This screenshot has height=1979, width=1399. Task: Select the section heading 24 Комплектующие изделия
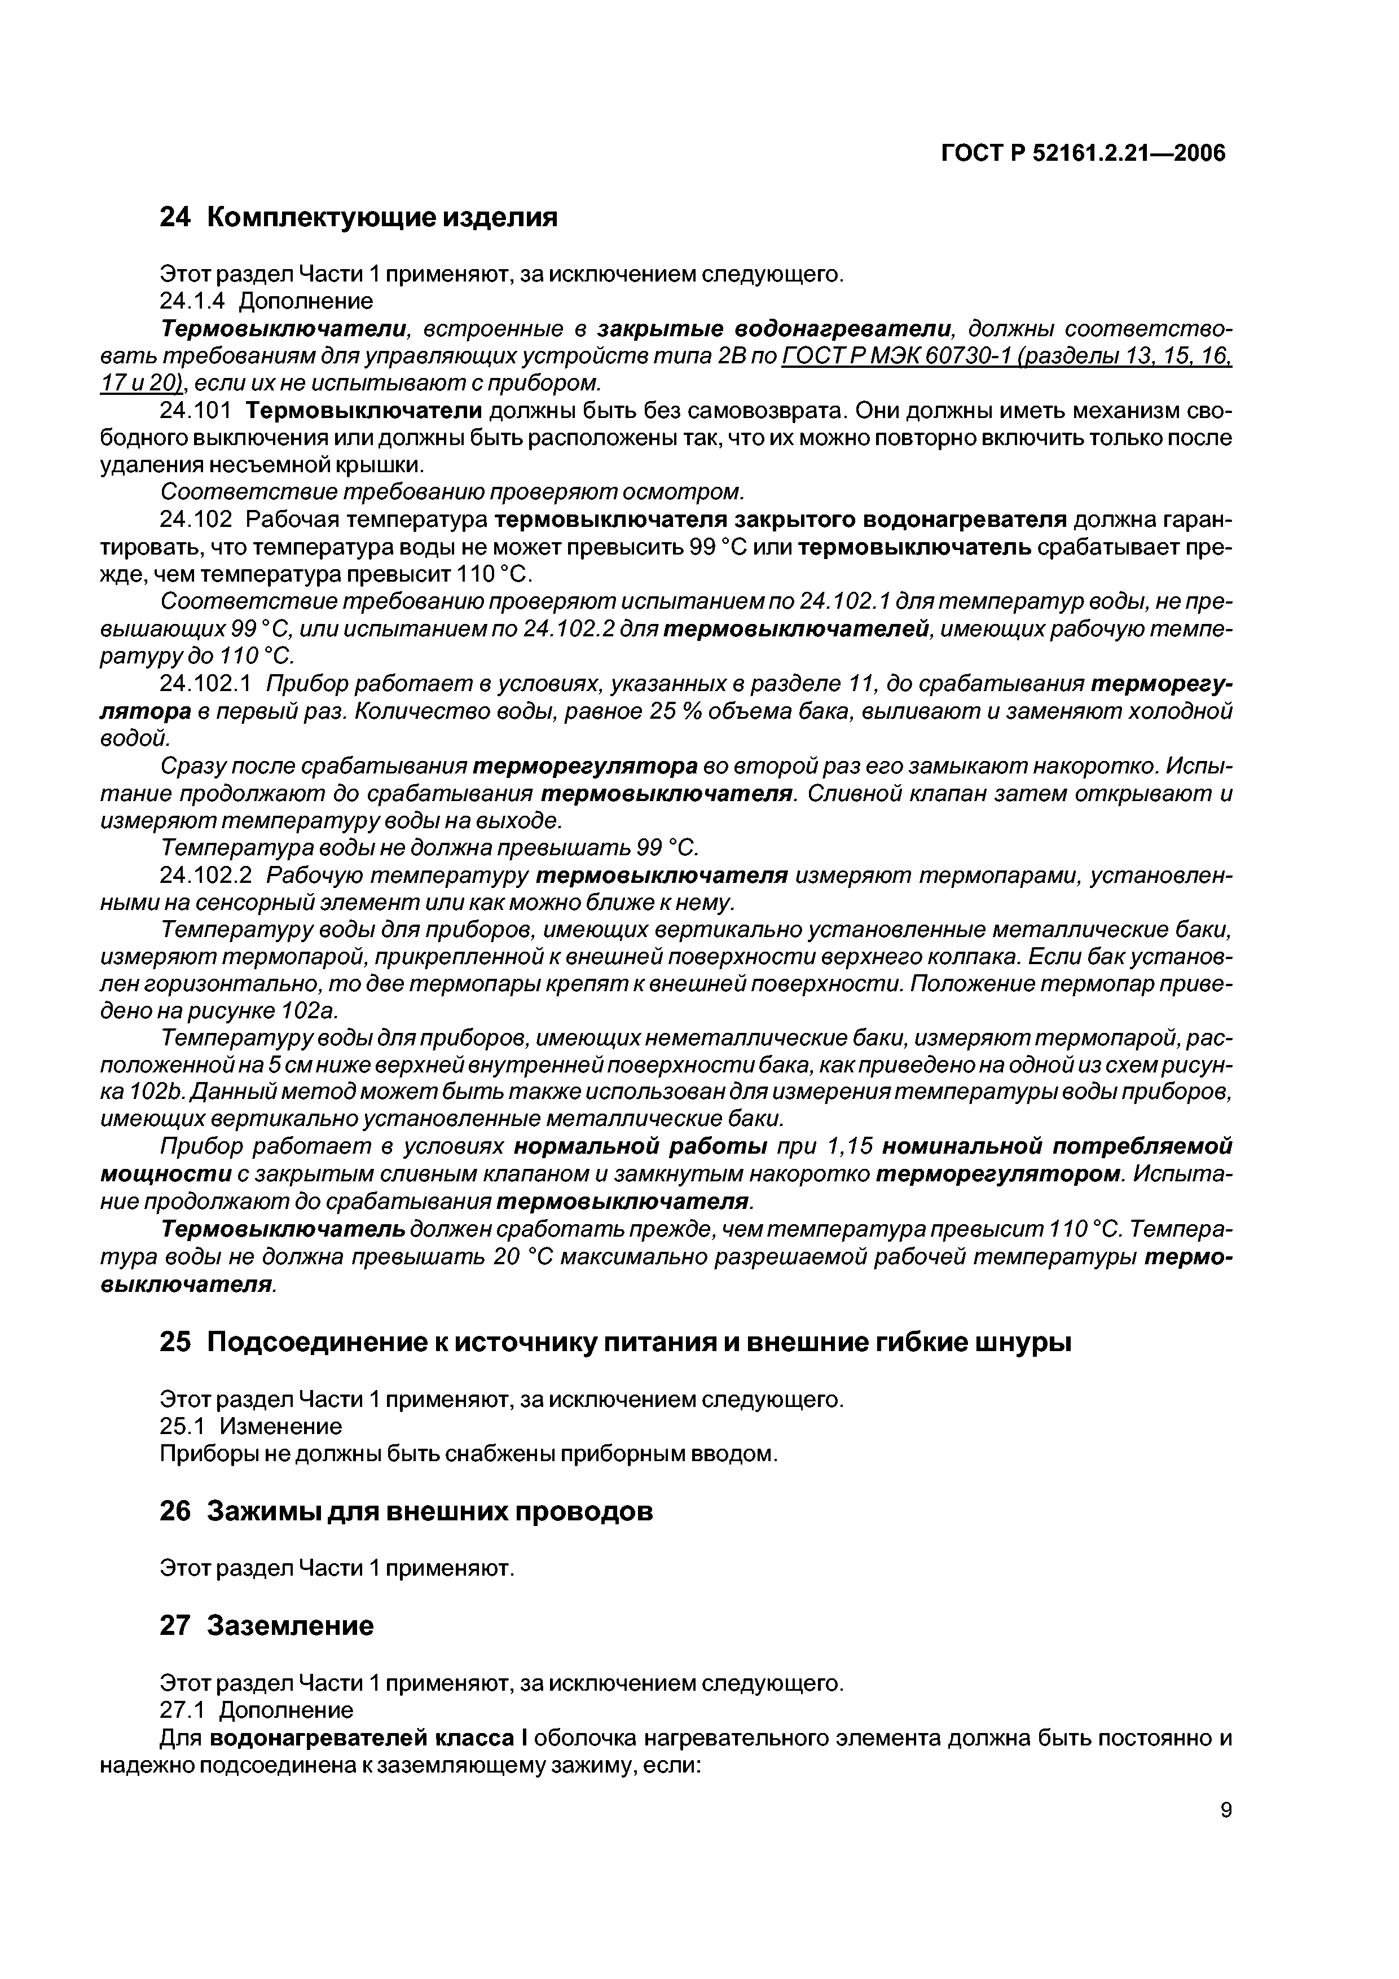[x=359, y=217]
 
